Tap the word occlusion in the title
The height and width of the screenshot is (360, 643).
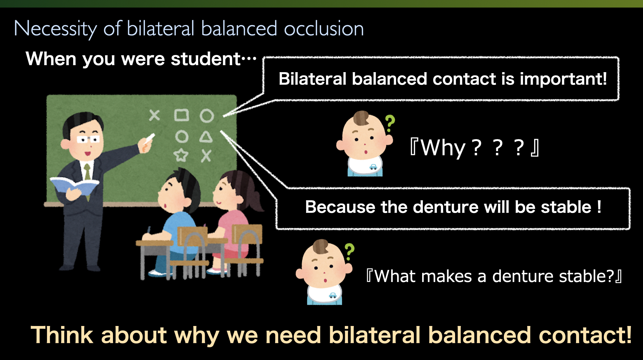coord(324,29)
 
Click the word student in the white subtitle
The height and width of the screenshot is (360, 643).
coord(206,59)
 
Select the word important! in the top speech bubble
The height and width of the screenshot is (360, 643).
coord(563,79)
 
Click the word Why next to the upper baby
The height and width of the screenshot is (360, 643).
coord(443,148)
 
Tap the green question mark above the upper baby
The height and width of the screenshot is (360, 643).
coord(390,123)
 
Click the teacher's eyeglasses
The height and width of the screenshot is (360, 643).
coord(88,139)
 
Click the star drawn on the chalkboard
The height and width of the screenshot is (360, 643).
coord(181,155)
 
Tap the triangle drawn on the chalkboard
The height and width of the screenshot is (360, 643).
coord(206,137)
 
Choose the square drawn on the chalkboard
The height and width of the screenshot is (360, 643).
coord(181,115)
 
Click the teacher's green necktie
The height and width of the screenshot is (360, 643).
coord(88,172)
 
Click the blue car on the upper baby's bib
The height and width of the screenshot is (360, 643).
coord(373,167)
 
